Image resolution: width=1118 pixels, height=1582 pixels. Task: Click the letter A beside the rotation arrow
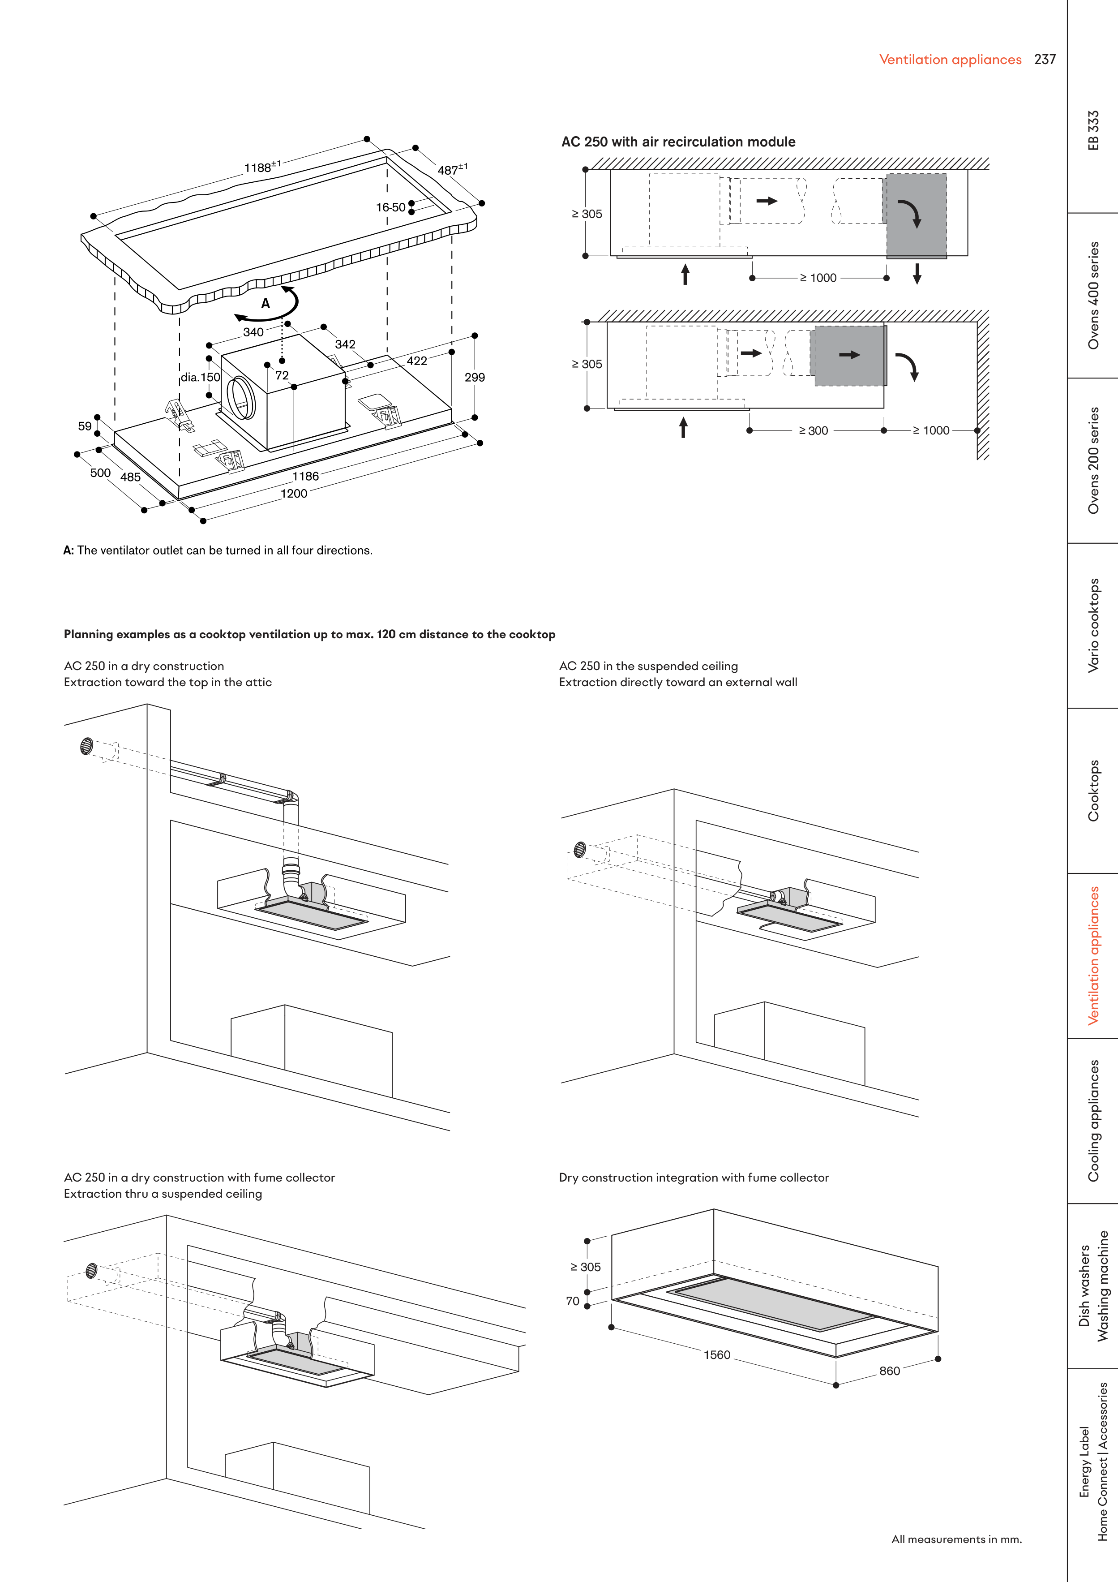pos(265,304)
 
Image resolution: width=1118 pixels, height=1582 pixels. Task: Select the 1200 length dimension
pos(293,493)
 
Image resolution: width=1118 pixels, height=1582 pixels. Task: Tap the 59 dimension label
pos(85,426)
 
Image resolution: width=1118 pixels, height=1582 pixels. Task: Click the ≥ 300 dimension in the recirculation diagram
pos(814,430)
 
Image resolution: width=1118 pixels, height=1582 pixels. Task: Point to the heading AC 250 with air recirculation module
pos(678,142)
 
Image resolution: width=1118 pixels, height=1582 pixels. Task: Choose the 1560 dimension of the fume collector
pos(716,1354)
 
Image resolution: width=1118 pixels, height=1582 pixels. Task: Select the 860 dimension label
pos(889,1371)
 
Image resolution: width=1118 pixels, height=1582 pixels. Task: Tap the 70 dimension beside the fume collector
pos(573,1301)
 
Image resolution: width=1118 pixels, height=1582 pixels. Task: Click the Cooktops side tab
pos(1092,790)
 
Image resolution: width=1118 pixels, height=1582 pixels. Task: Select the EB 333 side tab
pos(1092,130)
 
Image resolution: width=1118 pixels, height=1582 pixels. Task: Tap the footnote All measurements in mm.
pos(956,1539)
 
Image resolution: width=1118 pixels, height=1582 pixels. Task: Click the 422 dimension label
pos(417,361)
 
